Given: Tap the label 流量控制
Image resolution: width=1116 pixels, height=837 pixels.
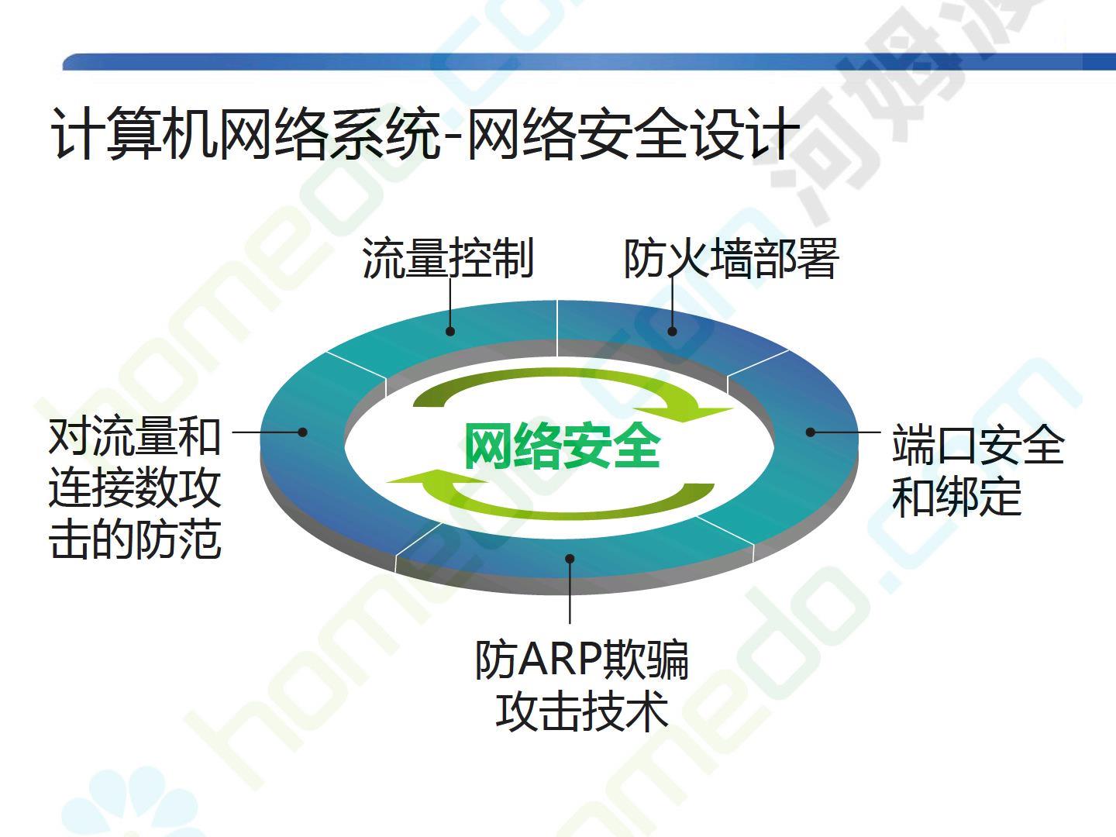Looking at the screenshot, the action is point(448,258).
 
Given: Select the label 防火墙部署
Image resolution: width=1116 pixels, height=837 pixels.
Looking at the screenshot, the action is point(731,258).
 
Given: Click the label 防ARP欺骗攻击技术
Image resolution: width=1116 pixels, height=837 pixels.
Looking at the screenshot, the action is point(582,686).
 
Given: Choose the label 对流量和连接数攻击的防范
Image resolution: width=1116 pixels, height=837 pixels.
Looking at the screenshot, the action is point(135,489).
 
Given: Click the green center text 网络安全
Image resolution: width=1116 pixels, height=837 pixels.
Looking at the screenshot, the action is point(563,446).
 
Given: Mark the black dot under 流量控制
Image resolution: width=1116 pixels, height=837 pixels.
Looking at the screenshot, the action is point(450,332).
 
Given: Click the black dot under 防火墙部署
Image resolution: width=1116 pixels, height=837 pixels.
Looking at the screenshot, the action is point(672,332).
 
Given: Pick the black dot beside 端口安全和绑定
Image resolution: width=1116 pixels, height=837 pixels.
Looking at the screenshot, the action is point(811,432).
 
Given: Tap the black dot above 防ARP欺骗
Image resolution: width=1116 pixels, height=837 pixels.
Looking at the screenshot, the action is point(570,559).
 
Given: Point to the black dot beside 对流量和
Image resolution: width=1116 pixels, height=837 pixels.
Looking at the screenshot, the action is point(302,432).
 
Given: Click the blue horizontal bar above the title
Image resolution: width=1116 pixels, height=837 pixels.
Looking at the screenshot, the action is point(589,61).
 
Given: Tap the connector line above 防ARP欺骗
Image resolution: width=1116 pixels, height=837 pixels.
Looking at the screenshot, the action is point(570,591).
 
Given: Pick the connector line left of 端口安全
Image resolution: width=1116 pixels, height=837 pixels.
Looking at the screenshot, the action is point(846,432).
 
